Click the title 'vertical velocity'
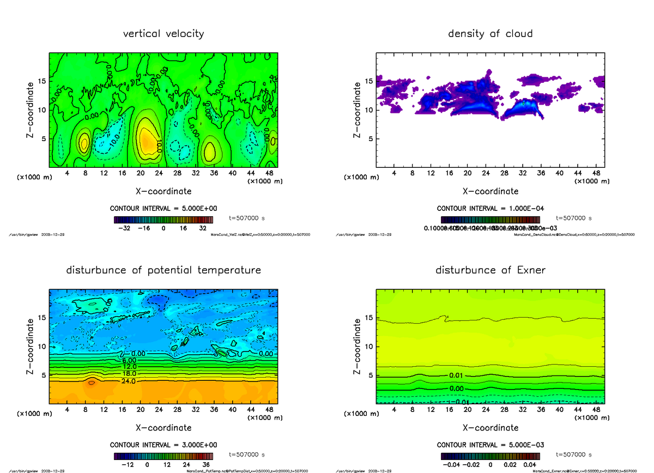(163, 34)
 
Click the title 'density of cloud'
(490, 34)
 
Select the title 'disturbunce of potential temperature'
(163, 270)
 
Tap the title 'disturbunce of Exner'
(490, 270)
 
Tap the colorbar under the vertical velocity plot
(163, 220)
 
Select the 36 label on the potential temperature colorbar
(202, 465)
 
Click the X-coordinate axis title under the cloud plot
(490, 191)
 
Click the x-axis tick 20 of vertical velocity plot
(140, 173)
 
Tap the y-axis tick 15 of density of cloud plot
(368, 81)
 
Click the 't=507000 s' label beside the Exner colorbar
(574, 454)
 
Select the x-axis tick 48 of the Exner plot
(596, 410)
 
